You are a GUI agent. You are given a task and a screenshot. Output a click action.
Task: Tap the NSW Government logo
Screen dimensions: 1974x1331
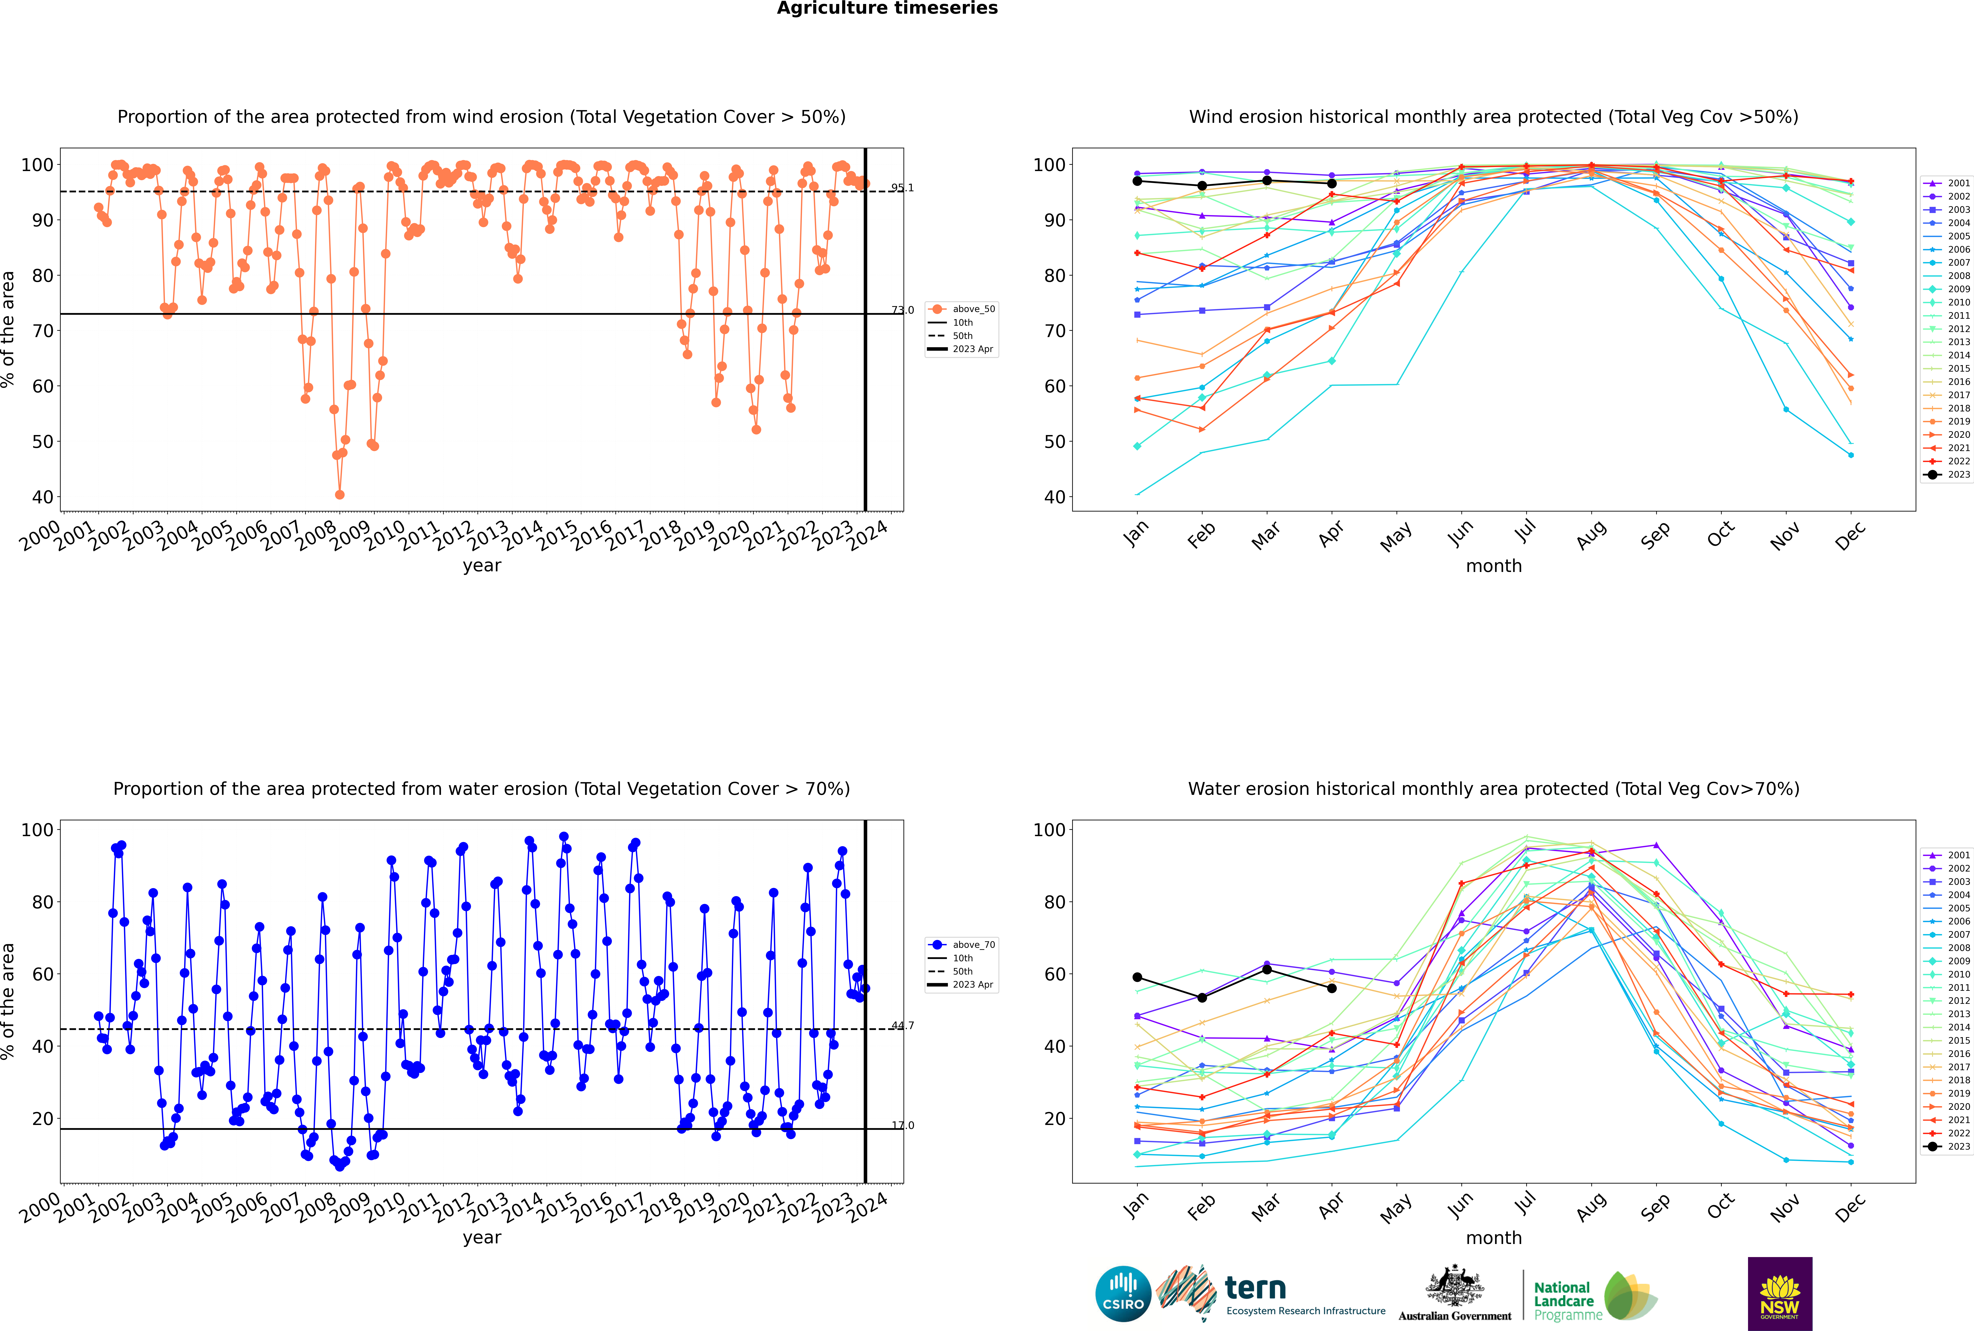tap(1780, 1293)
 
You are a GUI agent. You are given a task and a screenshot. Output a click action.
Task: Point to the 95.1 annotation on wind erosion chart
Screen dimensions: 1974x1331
tap(902, 187)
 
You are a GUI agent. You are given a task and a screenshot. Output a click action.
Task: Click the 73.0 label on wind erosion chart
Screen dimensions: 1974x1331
tap(902, 310)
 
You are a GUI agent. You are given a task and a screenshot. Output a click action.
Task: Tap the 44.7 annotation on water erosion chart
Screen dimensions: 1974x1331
tap(902, 1025)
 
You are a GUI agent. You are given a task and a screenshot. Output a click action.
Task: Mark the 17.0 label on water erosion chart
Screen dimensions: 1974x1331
tap(902, 1126)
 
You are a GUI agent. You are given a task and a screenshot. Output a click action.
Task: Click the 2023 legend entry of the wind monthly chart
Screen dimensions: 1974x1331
tap(1948, 474)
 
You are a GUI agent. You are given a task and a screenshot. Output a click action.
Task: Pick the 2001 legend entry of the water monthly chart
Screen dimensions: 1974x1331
tap(1948, 855)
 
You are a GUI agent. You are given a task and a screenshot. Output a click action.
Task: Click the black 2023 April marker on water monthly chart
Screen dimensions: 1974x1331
tap(1332, 988)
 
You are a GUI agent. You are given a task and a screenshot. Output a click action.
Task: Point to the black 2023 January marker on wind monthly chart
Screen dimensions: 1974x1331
tap(1137, 181)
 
